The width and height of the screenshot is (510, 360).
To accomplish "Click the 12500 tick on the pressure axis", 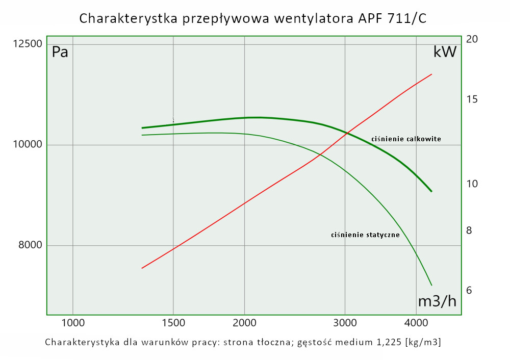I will point(28,44).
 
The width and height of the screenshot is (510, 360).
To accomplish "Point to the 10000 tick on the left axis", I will point(28,145).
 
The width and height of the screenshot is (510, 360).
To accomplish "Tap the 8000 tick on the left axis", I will point(30,245).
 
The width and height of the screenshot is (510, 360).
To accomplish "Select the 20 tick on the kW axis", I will point(472,39).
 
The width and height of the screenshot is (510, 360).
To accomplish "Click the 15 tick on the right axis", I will point(472,99).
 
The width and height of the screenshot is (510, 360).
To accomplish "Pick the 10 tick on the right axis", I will point(472,184).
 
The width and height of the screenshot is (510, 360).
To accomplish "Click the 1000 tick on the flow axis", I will point(73,323).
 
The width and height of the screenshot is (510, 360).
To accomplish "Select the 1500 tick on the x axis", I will point(173,323).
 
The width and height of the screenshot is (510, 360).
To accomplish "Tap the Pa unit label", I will point(60,52).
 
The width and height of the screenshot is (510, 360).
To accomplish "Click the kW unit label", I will point(445,52).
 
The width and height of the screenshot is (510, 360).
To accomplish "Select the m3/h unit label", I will point(437,301).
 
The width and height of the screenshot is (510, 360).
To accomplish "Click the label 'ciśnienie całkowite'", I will point(406,139).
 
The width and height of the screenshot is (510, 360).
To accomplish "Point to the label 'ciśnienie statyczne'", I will point(365,235).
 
